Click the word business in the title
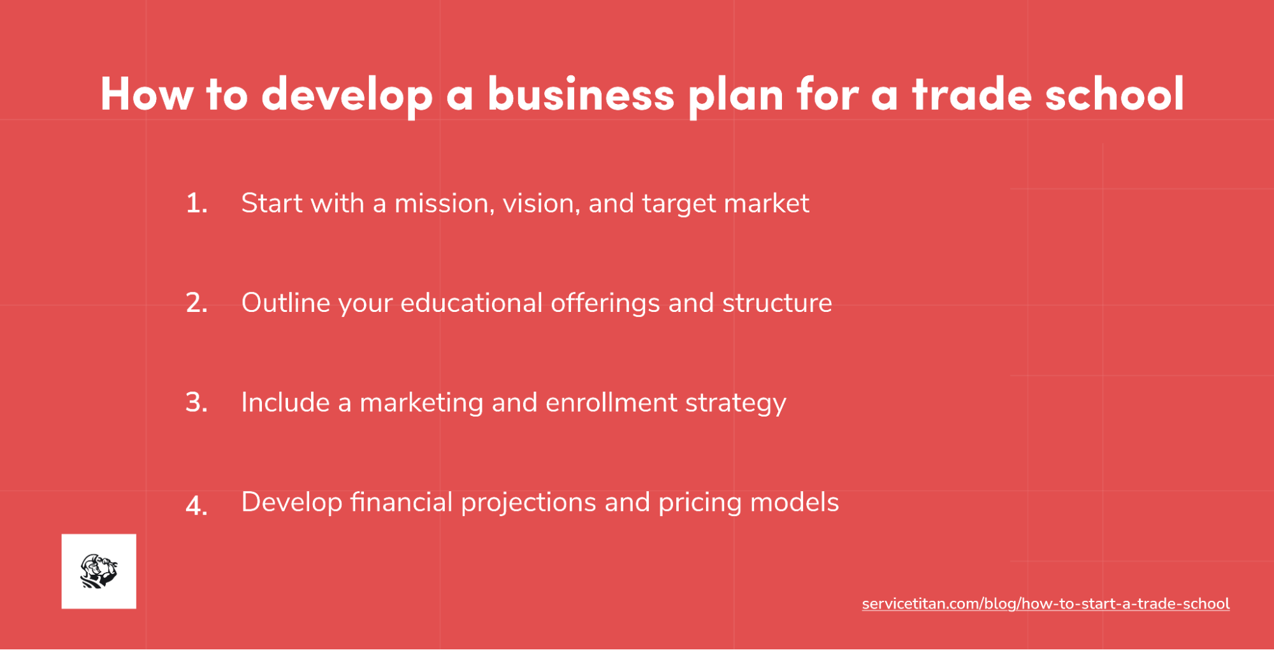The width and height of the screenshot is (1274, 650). pyautogui.click(x=581, y=94)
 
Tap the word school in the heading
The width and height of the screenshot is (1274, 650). pyautogui.click(x=1114, y=94)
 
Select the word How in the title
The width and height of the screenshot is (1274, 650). pyautogui.click(x=147, y=94)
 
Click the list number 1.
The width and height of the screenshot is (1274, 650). pyautogui.click(x=196, y=203)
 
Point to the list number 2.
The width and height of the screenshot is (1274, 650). pyautogui.click(x=196, y=303)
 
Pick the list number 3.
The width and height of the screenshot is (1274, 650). pyautogui.click(x=196, y=403)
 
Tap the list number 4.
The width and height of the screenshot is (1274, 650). pyautogui.click(x=196, y=506)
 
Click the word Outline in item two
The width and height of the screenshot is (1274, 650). pyautogui.click(x=284, y=303)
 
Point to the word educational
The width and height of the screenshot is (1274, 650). pyautogui.click(x=471, y=303)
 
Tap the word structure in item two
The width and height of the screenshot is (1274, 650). pyautogui.click(x=777, y=303)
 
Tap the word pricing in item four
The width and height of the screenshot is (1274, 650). pyautogui.click(x=700, y=503)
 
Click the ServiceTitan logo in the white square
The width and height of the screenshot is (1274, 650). pyautogui.click(x=99, y=571)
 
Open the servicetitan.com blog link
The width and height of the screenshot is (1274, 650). pyautogui.click(x=1045, y=603)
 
